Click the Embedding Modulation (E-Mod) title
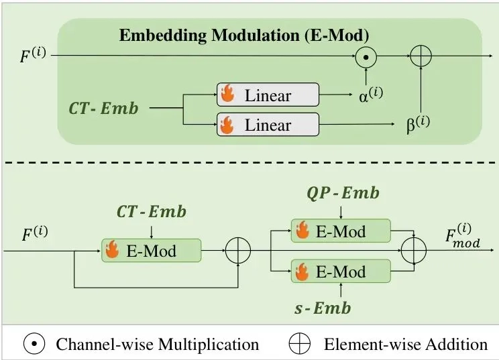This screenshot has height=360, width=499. click(x=244, y=36)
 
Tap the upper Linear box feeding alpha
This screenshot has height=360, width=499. click(x=268, y=95)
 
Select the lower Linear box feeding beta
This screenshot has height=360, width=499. click(x=268, y=124)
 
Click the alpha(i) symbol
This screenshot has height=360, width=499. click(x=371, y=95)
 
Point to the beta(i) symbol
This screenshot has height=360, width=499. click(x=418, y=124)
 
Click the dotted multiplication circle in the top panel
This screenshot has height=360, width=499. click(x=366, y=57)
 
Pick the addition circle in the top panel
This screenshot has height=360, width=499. click(x=421, y=56)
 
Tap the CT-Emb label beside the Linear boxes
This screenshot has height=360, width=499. click(x=103, y=108)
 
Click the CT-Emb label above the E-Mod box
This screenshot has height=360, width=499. click(x=152, y=212)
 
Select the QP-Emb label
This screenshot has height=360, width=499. click(x=343, y=193)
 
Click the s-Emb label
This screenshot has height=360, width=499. click(x=323, y=308)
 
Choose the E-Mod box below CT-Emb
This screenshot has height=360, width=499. click(x=151, y=251)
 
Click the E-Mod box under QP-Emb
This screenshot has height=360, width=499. click(x=341, y=231)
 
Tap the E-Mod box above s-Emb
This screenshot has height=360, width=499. click(x=341, y=271)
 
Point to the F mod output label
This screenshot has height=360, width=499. click(x=463, y=236)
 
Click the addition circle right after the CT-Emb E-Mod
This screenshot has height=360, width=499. click(x=238, y=250)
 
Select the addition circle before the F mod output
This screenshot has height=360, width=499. click(x=414, y=250)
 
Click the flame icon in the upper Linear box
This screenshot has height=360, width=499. click(x=227, y=93)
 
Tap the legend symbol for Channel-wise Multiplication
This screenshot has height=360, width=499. click(x=34, y=343)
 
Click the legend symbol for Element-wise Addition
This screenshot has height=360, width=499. click(x=299, y=343)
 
